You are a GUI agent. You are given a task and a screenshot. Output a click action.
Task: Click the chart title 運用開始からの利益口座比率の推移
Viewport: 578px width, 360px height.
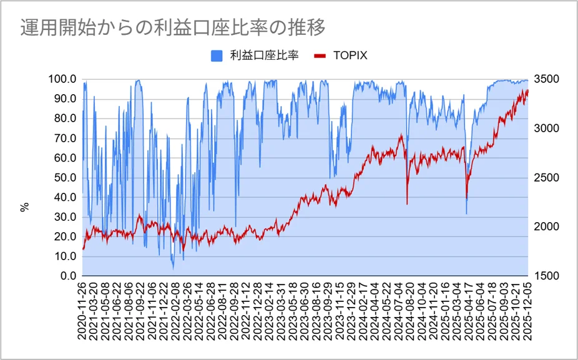(x=172, y=27)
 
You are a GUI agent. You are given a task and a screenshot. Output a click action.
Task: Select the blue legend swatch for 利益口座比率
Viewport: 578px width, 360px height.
(x=217, y=56)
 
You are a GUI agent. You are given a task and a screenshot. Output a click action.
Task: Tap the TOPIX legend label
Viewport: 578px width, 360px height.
(x=350, y=56)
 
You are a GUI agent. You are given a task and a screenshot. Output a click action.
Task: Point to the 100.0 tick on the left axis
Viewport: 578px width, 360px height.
(x=62, y=79)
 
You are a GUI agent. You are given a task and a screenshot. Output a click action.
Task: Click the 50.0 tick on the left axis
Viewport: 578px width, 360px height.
(x=64, y=178)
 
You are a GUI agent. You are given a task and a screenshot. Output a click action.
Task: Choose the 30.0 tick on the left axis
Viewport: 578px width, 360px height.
(x=64, y=217)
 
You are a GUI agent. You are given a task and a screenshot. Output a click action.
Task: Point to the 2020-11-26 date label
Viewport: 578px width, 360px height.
(x=83, y=311)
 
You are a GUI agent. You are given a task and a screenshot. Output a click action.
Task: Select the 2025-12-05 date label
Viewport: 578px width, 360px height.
(x=528, y=311)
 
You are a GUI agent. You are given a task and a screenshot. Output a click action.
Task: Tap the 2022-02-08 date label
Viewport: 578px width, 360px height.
(x=174, y=311)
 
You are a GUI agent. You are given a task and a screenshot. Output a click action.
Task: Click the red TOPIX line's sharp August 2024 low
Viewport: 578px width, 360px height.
(x=407, y=203)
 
